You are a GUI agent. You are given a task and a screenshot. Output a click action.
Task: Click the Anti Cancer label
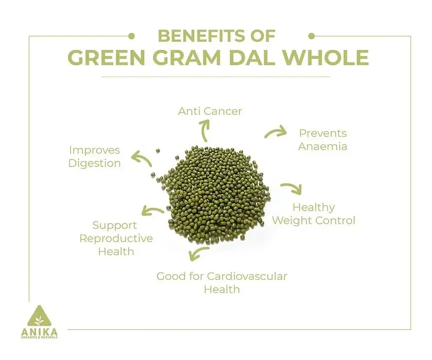pos(210,111)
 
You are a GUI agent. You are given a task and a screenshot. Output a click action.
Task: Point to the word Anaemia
pos(322,146)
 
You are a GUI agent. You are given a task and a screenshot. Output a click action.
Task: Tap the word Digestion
pos(95,164)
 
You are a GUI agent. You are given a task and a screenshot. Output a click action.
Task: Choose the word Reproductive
pos(116,239)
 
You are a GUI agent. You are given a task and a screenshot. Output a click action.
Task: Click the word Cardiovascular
pos(247,276)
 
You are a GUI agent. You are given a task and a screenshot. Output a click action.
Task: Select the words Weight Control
pos(314,221)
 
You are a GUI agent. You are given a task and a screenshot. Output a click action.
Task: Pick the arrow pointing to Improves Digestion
pos(141,158)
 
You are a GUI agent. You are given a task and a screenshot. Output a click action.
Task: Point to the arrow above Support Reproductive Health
pos(152,210)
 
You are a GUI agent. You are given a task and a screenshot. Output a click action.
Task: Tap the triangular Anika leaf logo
pos(39,317)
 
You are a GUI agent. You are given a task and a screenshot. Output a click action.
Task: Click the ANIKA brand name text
pos(40,332)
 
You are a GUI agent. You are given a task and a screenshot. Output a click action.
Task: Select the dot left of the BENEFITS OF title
pos(132,36)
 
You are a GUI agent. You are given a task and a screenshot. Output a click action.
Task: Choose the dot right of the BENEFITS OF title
pos(312,36)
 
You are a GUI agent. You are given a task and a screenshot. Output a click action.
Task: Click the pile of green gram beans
pos(215,193)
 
